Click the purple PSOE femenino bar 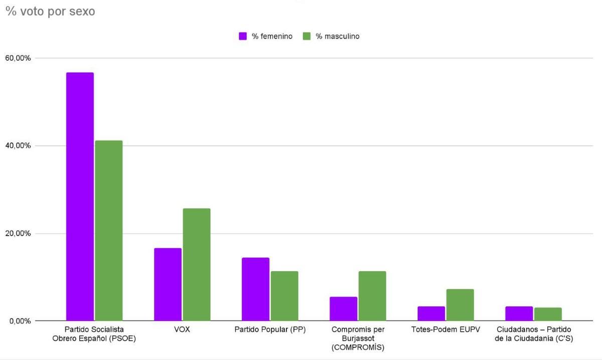click(x=80, y=197)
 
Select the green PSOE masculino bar click(x=109, y=231)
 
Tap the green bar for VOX click(x=197, y=265)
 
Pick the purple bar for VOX click(x=168, y=284)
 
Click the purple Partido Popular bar click(x=255, y=289)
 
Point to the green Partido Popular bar click(x=284, y=296)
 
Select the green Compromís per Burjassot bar click(x=372, y=296)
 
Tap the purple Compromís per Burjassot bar click(x=343, y=309)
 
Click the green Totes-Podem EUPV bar click(x=460, y=305)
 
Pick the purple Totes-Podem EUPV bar click(x=431, y=313)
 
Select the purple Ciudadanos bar click(x=519, y=313)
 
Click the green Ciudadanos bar click(x=548, y=314)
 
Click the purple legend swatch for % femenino click(x=243, y=36)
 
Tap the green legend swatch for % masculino click(x=307, y=36)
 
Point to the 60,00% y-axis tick click(x=18, y=58)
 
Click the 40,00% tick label click(x=18, y=146)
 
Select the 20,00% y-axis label click(x=18, y=234)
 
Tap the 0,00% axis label click(x=20, y=321)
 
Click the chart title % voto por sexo click(x=50, y=11)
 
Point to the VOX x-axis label click(x=182, y=329)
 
